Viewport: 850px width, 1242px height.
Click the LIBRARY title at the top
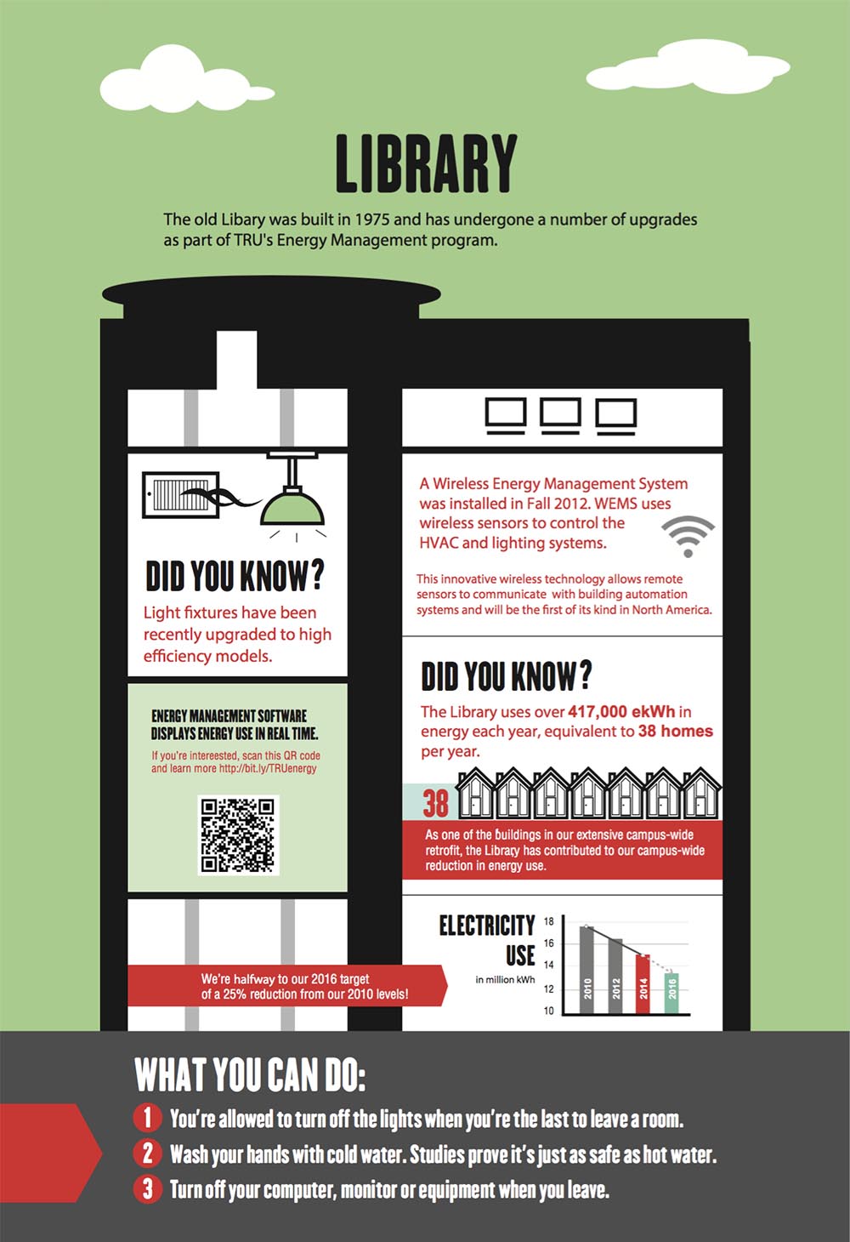click(x=426, y=163)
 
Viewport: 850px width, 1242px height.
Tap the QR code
click(x=238, y=835)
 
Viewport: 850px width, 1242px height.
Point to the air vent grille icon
click(x=181, y=494)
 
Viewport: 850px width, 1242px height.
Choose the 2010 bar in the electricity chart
click(x=586, y=970)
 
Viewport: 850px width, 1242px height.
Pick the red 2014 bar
click(x=643, y=984)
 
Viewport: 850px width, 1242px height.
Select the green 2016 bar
click(x=671, y=993)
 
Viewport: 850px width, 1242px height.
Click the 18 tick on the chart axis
click(x=548, y=921)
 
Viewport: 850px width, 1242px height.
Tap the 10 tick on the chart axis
click(x=548, y=1011)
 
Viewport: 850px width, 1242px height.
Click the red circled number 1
click(x=147, y=1117)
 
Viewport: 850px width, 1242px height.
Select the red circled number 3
click(x=147, y=1188)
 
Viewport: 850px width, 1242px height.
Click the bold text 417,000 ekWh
click(x=621, y=711)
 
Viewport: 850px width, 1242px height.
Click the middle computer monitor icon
click(x=560, y=415)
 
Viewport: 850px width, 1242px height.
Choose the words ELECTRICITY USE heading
click(x=487, y=940)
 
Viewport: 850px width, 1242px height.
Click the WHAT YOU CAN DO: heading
click(x=250, y=1074)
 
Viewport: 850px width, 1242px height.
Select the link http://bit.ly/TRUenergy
click(x=268, y=768)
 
